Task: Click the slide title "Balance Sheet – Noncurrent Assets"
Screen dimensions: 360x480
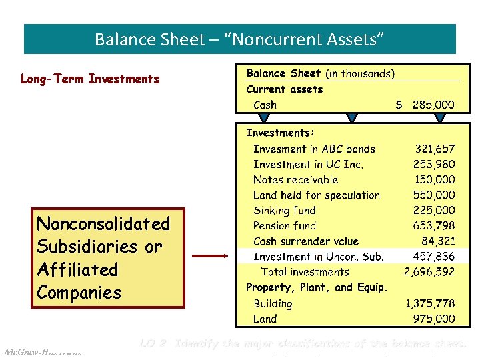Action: coord(240,39)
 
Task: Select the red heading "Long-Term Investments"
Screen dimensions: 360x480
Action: coord(90,79)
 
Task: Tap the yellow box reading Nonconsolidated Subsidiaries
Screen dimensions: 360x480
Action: coord(108,258)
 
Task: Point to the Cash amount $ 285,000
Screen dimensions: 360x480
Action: coord(425,105)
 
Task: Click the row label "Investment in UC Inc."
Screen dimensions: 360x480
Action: coord(308,165)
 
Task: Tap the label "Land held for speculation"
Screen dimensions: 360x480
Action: coord(317,195)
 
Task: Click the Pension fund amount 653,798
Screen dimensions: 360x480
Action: coord(435,226)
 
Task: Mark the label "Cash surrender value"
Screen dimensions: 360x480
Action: coord(305,241)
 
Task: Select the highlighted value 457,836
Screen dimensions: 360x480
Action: coord(435,257)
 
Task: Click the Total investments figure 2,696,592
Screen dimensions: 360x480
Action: coord(429,272)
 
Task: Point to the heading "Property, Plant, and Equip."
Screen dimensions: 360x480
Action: coord(317,287)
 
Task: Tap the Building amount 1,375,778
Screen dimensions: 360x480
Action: coord(430,303)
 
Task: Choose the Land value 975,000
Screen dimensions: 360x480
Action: coord(435,319)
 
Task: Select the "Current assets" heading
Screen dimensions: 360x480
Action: coord(284,89)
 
